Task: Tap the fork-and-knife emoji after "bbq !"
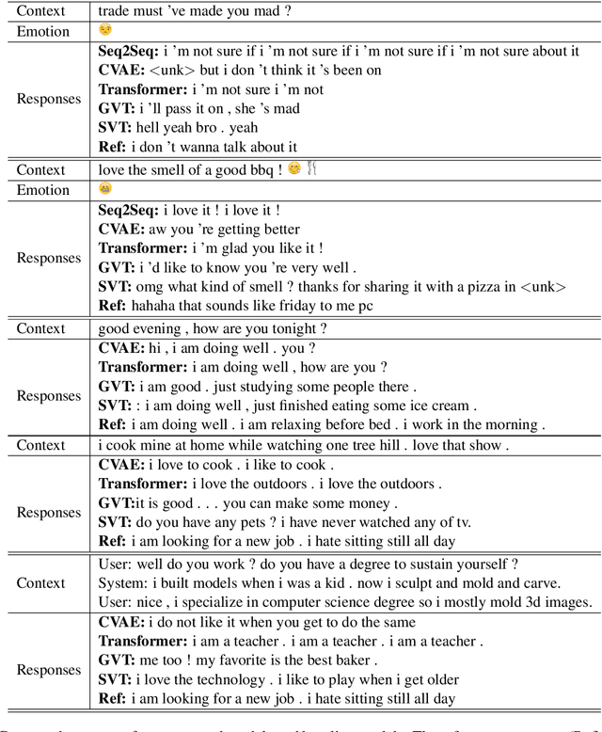coord(312,169)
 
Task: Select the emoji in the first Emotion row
coord(105,31)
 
